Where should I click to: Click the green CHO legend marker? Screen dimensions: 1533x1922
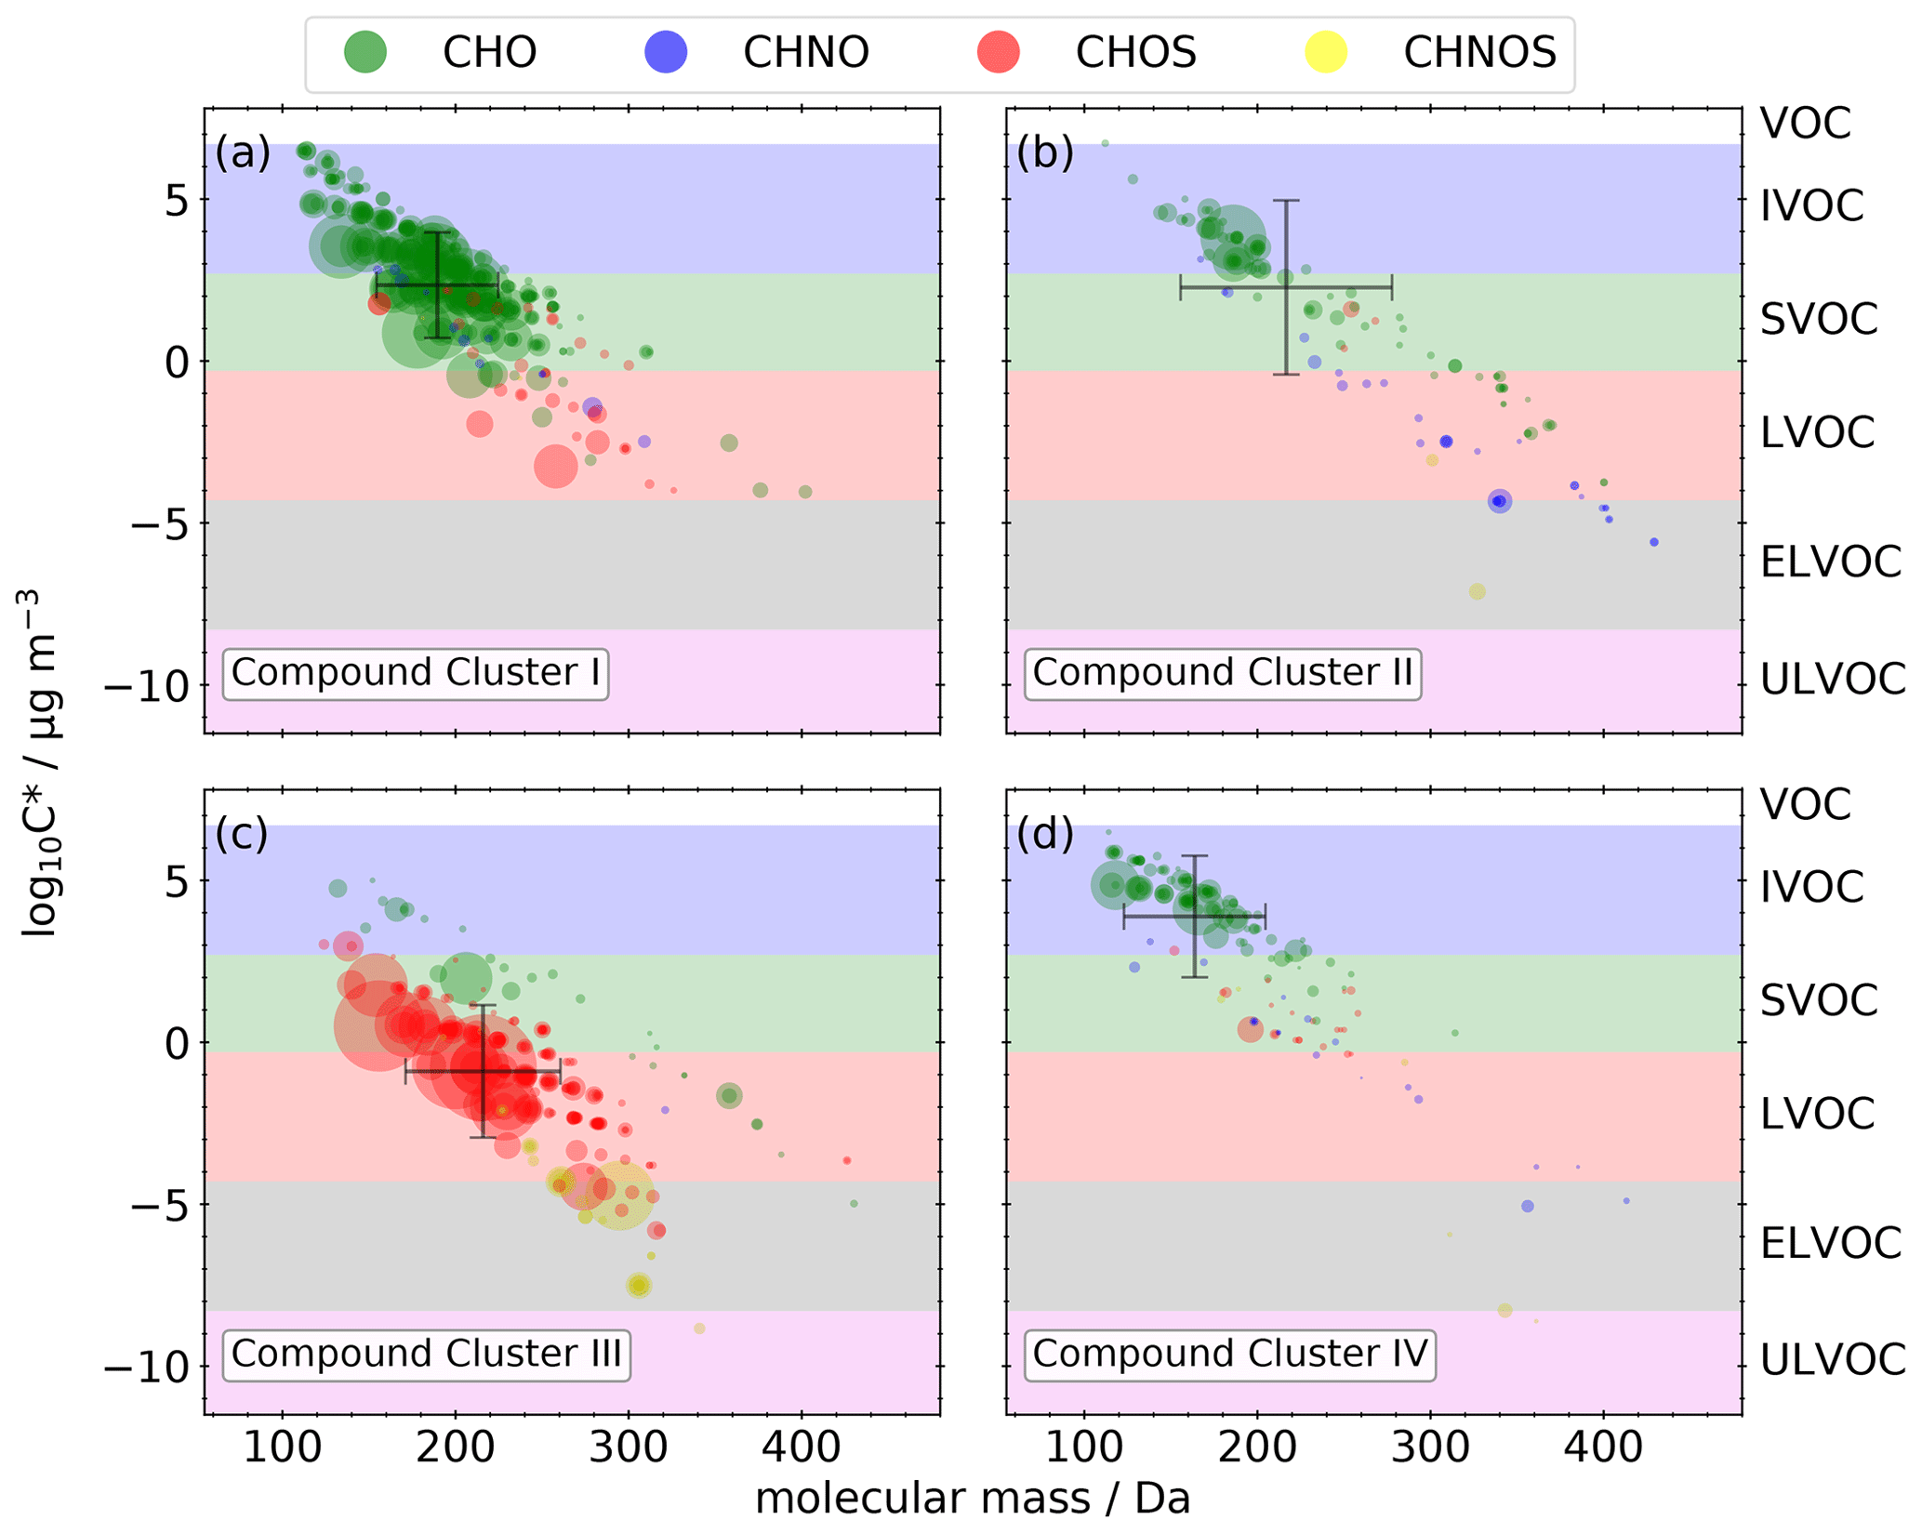tap(365, 52)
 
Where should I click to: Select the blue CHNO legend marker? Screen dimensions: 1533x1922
tap(666, 52)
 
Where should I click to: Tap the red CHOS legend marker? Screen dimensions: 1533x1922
tap(998, 52)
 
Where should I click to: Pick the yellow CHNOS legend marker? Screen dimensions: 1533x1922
tap(1326, 52)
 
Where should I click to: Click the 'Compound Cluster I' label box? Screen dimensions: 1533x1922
tap(415, 673)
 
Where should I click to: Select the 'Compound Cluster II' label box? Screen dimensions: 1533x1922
tap(1222, 673)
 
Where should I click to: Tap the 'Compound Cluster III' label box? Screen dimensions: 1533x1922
tap(426, 1355)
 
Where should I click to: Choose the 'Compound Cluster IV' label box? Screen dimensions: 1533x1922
tap(1229, 1355)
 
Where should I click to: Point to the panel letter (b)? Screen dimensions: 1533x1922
tap(1044, 152)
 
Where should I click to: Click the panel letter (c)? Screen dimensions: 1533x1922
tap(242, 834)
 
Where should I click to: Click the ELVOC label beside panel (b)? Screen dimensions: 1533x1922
tap(1830, 562)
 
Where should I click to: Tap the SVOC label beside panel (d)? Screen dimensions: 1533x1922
tap(1819, 1000)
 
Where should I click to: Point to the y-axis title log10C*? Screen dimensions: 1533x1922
tap(39, 762)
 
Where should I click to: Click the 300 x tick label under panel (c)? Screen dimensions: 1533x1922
tap(629, 1448)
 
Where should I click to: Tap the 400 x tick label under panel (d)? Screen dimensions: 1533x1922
tap(1603, 1448)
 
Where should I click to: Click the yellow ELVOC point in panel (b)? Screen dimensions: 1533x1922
tap(1477, 592)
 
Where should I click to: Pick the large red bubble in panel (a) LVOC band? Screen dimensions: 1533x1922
tap(556, 466)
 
